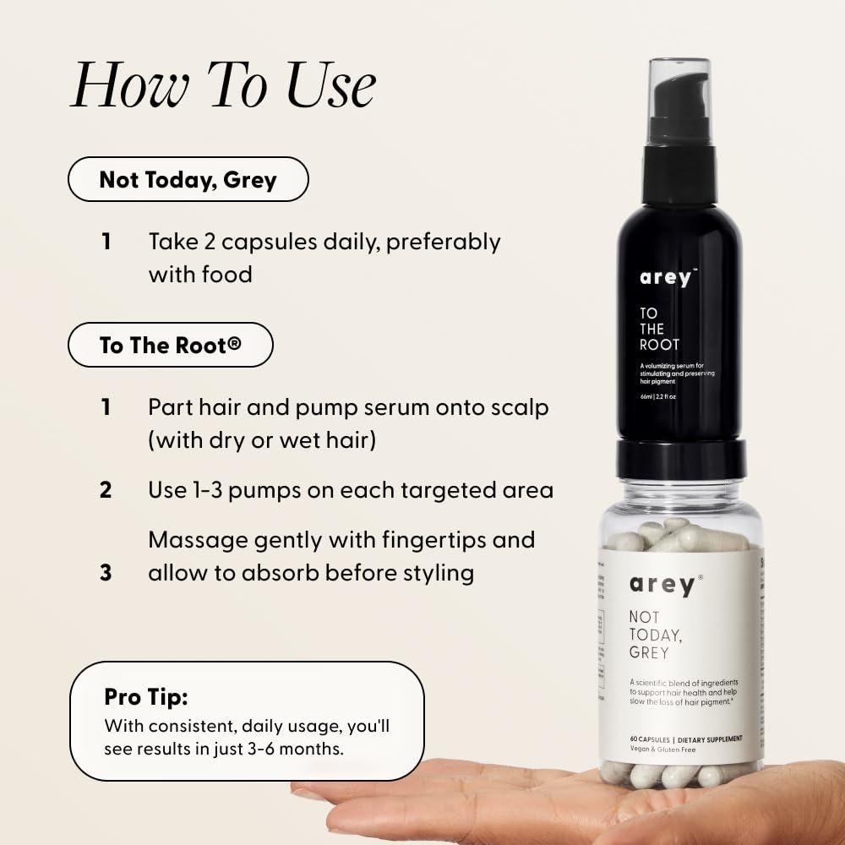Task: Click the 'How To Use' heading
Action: point(223,86)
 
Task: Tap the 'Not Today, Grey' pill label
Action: point(188,180)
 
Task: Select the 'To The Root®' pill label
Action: point(171,345)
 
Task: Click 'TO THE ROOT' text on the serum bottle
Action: point(653,330)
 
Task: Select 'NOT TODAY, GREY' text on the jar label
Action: point(650,635)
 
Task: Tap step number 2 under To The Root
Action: point(106,490)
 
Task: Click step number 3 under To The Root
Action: point(106,573)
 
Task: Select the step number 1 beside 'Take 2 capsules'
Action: point(106,242)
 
